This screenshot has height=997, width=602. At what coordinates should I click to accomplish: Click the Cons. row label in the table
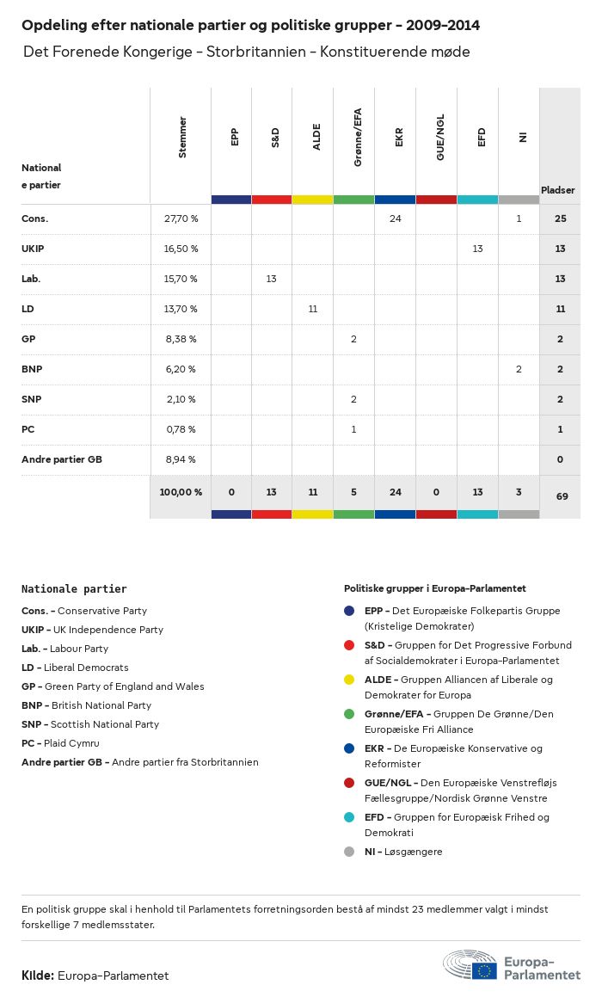click(35, 218)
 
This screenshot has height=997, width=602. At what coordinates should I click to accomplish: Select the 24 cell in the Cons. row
click(395, 218)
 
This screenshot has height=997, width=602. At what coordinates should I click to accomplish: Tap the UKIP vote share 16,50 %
click(181, 249)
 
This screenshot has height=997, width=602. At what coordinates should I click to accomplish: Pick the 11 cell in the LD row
click(312, 309)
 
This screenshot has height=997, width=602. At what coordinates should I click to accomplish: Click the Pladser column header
click(558, 190)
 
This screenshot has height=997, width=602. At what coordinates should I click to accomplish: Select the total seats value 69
click(560, 496)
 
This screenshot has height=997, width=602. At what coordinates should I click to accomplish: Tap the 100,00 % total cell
click(181, 492)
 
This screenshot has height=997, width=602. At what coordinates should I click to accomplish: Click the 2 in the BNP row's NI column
click(519, 369)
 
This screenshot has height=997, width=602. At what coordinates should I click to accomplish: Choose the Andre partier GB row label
click(62, 459)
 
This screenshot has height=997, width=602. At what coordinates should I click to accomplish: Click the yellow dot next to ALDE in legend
click(349, 680)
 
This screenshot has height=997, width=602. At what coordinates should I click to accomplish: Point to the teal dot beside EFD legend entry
click(349, 817)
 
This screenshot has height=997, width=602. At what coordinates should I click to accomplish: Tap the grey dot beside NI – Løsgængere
click(349, 852)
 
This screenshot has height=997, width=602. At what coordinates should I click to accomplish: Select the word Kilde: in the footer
click(38, 975)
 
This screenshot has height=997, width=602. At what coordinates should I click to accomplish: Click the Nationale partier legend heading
click(74, 589)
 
